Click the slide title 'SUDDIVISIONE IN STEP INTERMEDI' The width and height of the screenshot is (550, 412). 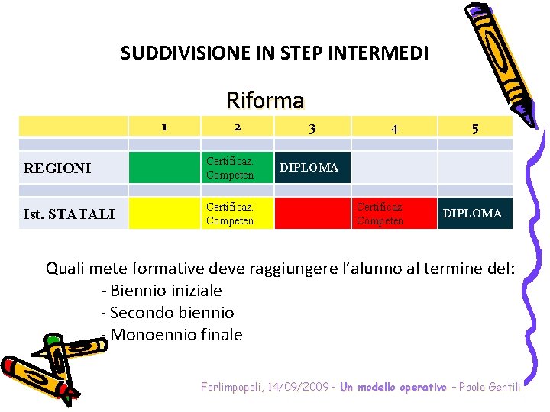274,53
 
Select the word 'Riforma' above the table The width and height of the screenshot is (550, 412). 265,100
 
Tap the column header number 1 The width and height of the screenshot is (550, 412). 163,127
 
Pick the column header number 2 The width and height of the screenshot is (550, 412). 238,127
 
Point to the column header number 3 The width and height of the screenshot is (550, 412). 312,128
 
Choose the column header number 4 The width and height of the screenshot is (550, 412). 393,128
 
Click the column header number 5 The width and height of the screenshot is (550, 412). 475,128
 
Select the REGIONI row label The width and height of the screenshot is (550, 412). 57,168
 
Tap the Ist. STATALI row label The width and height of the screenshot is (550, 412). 69,214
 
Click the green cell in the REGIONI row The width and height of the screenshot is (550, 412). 163,168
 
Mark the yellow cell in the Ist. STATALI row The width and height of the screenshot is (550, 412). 163,214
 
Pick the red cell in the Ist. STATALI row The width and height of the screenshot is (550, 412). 312,214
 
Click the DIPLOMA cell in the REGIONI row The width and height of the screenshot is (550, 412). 312,168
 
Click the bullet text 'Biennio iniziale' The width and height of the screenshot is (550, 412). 165,291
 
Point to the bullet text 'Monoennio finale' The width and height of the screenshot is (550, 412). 176,335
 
